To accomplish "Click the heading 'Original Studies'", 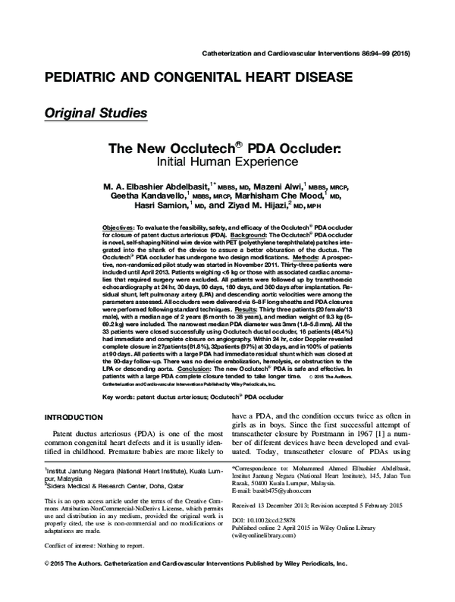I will point(96,114).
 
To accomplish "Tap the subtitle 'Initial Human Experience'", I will point(227,162).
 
